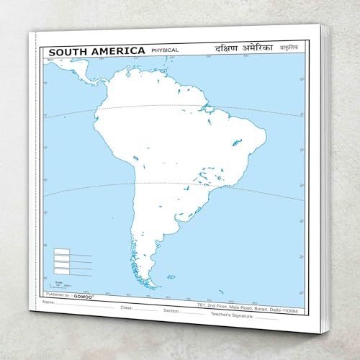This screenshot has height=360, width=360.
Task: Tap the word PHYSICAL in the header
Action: click(x=165, y=50)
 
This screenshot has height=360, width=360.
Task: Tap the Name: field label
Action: click(x=48, y=302)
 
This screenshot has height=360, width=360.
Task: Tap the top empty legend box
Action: click(x=62, y=253)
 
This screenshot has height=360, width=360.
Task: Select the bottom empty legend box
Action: click(x=62, y=270)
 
